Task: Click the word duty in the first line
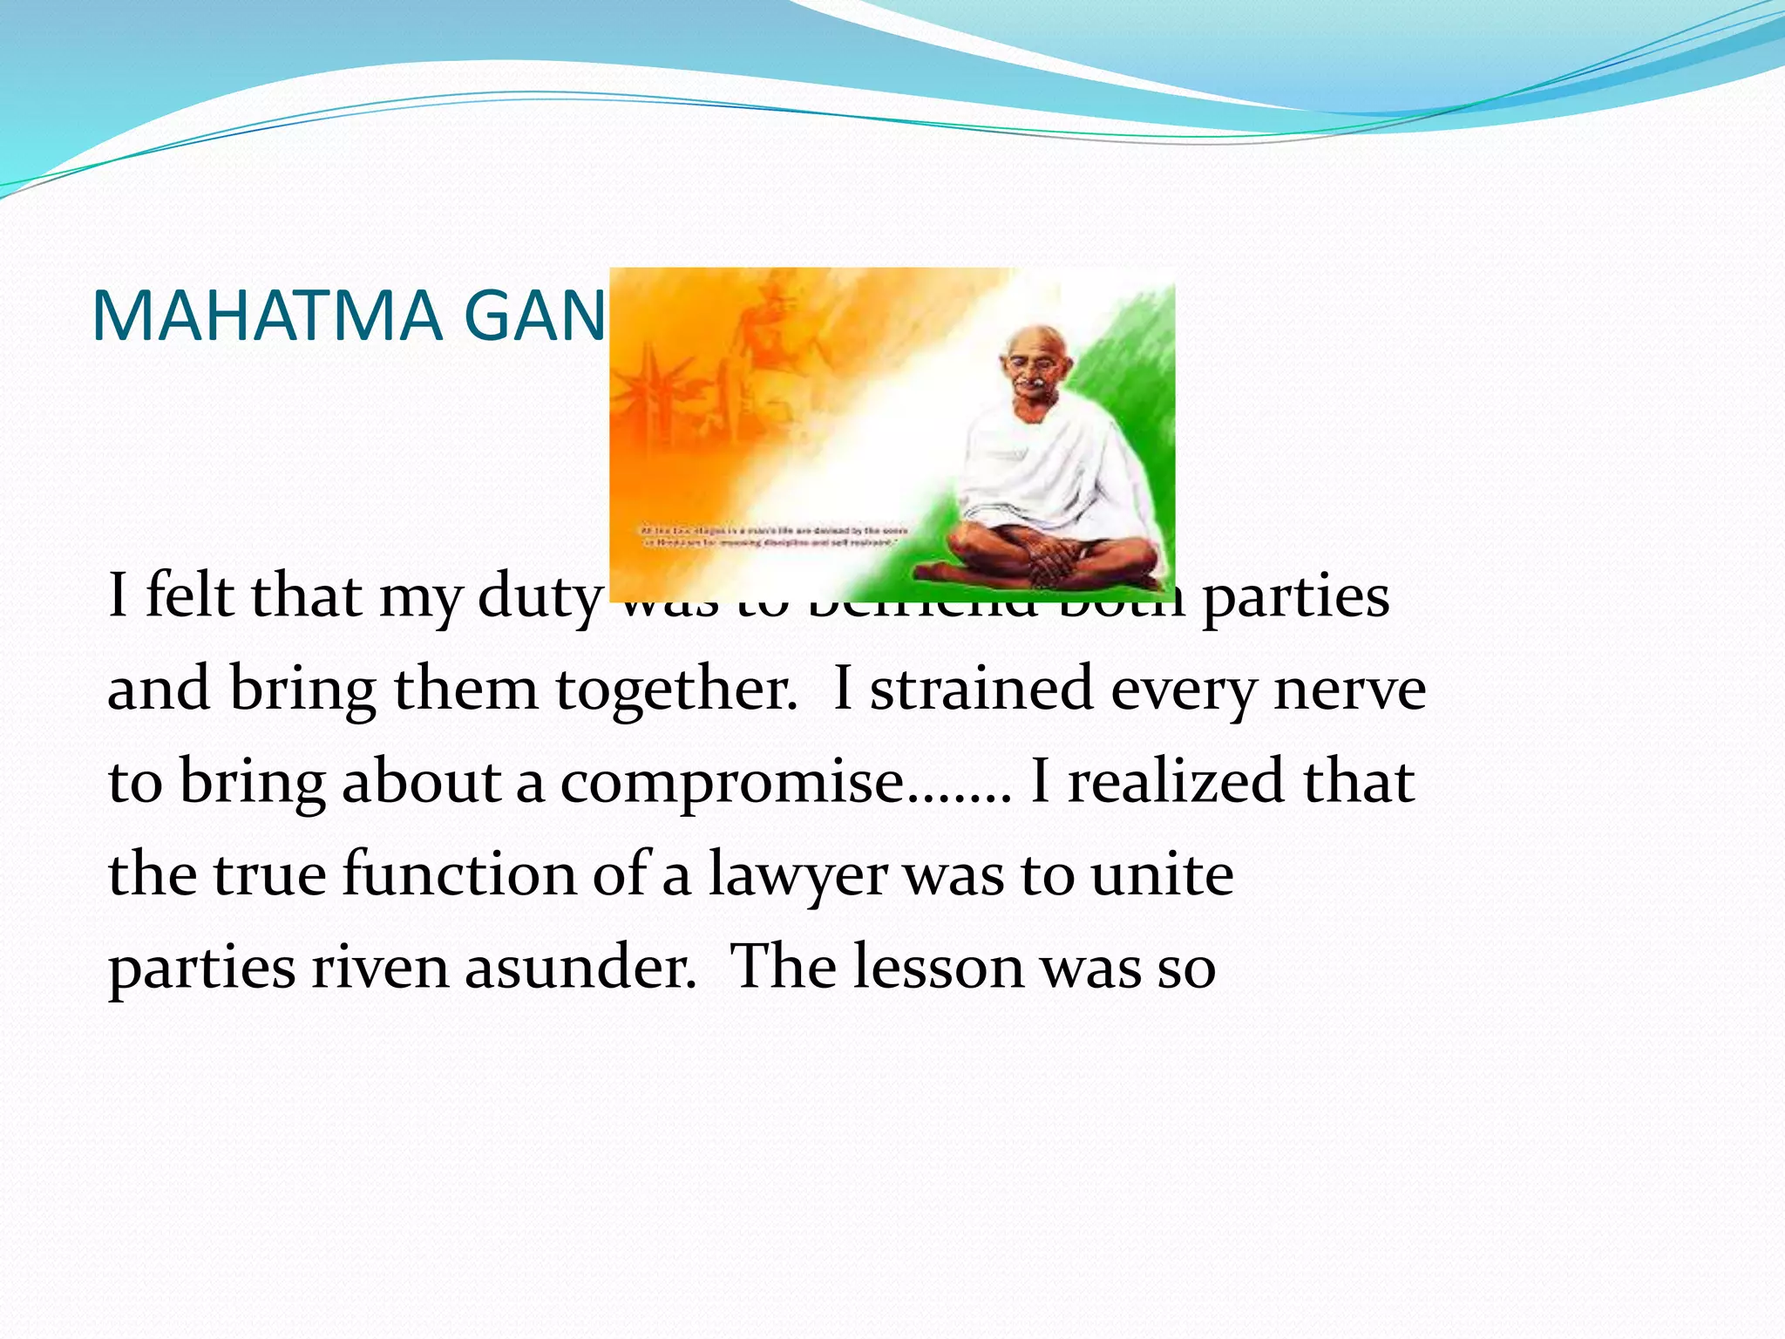tap(540, 597)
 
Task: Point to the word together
tap(675, 689)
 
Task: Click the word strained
tap(981, 689)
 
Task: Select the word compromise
tap(732, 782)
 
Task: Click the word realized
tap(1177, 782)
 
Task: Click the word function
tap(458, 875)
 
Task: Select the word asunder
tap(580, 968)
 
